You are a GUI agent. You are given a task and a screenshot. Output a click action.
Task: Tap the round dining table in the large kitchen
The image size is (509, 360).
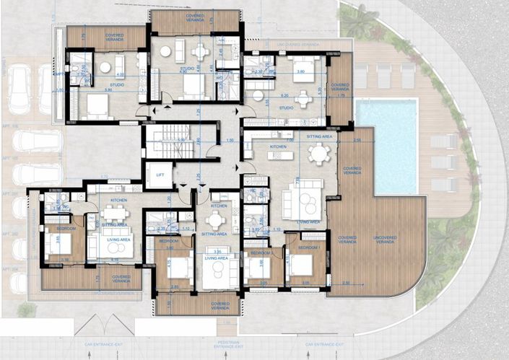tap(318, 152)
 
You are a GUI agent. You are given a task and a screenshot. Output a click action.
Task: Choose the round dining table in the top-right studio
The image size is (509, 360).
tap(303, 99)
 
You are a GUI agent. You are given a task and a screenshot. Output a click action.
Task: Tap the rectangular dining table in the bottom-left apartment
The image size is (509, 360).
tap(113, 213)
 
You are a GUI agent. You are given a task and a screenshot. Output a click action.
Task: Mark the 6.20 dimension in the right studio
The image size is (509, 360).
tap(285, 95)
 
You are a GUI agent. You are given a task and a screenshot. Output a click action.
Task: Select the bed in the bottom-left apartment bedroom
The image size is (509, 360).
tap(58, 247)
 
